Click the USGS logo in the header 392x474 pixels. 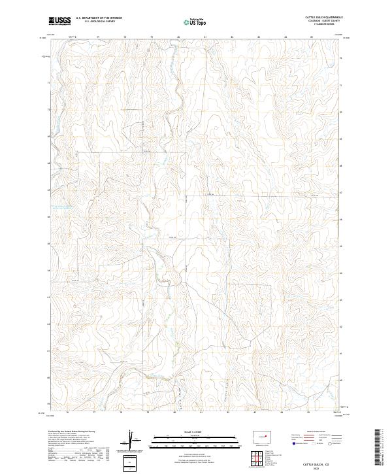point(60,21)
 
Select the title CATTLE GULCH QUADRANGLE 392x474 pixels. point(323,17)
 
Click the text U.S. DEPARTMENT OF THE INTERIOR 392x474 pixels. point(99,18)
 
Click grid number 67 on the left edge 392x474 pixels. point(48,190)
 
